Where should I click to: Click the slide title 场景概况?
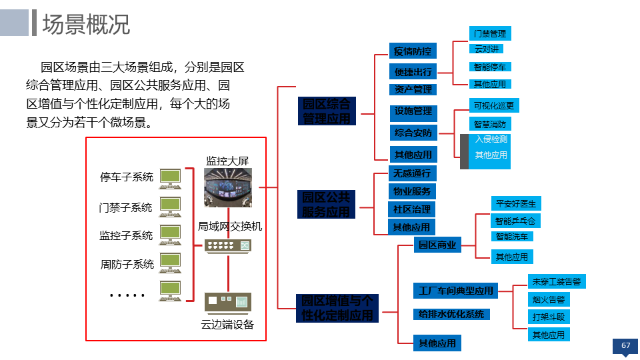tap(86, 24)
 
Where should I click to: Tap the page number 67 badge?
tap(625, 345)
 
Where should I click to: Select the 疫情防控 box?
tap(413, 51)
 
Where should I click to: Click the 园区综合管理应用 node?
tap(327, 111)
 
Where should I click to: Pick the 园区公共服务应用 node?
tap(326, 205)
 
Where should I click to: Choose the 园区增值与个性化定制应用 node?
tap(338, 308)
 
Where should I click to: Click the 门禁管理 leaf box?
tap(490, 33)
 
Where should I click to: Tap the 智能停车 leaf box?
tap(490, 67)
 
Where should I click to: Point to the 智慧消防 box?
tap(490, 124)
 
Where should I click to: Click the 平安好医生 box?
tap(515, 203)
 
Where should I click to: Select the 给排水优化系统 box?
tap(451, 314)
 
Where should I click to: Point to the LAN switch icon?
tap(229, 246)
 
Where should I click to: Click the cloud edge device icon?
tap(228, 302)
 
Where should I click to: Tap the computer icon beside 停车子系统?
tap(170, 177)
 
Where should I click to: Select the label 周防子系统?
tap(127, 264)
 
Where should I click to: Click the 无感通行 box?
tap(412, 173)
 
